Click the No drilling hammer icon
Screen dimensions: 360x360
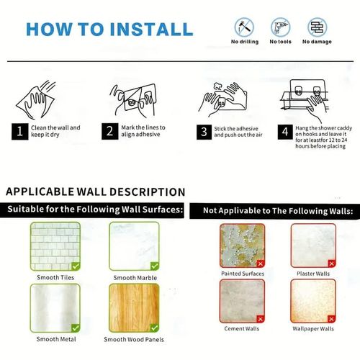244,27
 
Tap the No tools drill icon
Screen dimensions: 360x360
280,27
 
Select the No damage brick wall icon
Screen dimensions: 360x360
317,27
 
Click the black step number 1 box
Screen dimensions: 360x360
19,132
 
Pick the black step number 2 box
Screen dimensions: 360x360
109,131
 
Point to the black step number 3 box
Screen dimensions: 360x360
204,132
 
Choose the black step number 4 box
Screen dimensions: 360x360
285,132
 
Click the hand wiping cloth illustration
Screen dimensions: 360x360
36,100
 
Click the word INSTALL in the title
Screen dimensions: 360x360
151,30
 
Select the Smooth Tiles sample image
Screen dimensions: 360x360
55,246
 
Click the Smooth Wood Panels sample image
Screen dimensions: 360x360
134,308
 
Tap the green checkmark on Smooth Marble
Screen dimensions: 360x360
155,266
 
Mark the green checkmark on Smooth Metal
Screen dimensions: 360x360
76,328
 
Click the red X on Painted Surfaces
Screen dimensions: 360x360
261,264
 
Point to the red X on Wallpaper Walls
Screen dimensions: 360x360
331,319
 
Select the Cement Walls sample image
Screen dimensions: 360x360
242,301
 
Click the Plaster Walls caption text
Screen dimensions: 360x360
313,274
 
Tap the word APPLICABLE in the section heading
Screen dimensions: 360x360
40,192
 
